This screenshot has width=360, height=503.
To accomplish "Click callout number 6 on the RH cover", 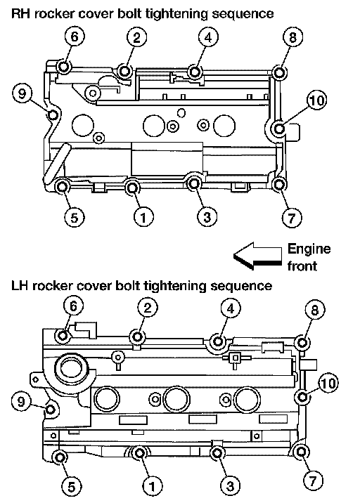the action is [75, 37].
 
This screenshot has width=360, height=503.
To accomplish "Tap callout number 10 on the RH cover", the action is [316, 100].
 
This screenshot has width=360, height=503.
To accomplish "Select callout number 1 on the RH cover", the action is [143, 217].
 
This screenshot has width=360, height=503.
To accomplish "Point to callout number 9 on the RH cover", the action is [22, 93].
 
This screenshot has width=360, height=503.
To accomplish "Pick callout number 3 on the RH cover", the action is [207, 216].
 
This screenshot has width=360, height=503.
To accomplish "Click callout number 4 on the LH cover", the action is [231, 308].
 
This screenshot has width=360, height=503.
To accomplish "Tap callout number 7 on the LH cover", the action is [313, 481].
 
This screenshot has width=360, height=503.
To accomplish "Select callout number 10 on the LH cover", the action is [328, 383].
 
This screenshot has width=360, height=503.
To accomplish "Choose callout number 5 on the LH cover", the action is [71, 486].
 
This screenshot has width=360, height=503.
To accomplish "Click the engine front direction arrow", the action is [257, 256].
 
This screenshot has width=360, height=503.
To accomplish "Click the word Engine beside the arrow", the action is [309, 249].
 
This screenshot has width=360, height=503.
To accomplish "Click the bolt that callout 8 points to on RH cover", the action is [279, 72].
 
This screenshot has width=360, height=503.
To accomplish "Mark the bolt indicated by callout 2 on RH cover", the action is [124, 71].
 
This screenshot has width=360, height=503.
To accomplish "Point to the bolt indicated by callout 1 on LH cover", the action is [139, 453].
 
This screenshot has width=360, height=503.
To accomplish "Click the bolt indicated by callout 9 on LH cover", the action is [51, 410].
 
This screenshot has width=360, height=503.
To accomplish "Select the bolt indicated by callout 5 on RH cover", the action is [62, 186].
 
